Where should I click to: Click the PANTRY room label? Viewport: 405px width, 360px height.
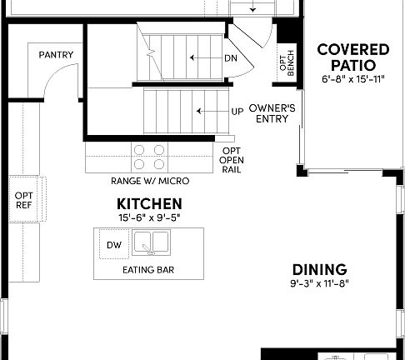[56, 56]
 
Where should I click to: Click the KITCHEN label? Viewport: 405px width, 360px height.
[149, 203]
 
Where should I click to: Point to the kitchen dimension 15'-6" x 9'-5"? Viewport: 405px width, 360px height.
[149, 217]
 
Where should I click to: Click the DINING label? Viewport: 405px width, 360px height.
[319, 269]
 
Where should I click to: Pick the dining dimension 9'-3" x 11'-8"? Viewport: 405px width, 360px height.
[319, 283]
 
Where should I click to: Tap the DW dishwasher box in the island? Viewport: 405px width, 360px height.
[113, 245]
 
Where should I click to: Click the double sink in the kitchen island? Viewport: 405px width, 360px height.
[152, 243]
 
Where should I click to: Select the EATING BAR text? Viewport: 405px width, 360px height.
[148, 270]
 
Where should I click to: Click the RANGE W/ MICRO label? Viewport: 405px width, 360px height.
[149, 181]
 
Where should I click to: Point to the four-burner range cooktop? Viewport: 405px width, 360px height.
[149, 156]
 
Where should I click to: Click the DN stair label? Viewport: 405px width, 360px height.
[231, 58]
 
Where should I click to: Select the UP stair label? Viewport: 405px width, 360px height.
[237, 111]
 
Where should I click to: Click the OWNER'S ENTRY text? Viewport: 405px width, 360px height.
[268, 113]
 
